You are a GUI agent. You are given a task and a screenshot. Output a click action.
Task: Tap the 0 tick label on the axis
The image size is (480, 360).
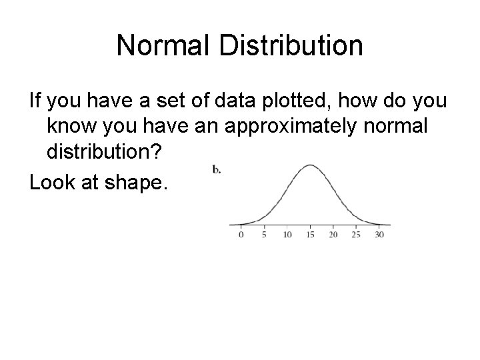click(241, 235)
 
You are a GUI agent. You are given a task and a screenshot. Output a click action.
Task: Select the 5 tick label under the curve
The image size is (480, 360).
click(265, 235)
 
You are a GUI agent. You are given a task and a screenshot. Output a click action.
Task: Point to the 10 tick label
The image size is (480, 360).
click(287, 235)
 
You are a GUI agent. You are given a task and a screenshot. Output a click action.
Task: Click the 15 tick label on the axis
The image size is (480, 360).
click(310, 235)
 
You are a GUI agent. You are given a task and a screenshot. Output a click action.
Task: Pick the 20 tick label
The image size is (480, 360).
click(333, 235)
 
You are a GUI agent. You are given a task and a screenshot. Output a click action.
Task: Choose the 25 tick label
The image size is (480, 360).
click(356, 235)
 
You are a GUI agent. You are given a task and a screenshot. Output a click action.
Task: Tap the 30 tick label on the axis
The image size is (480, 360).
click(379, 235)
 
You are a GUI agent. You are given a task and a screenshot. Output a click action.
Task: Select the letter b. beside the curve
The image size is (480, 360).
click(217, 169)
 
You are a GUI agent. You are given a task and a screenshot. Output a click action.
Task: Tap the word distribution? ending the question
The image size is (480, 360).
click(104, 153)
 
